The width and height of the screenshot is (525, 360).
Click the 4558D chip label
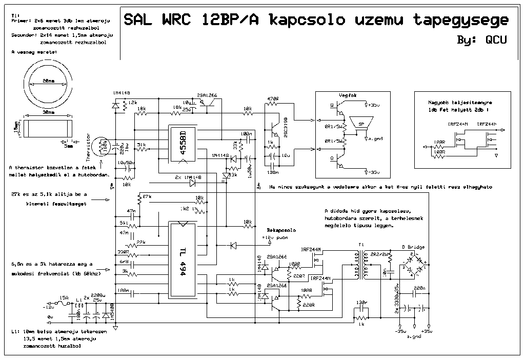183,143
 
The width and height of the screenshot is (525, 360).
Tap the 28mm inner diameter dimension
49,81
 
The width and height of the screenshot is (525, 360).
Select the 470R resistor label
272,98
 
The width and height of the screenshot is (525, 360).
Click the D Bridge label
413,247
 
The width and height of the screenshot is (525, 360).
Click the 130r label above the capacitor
361,302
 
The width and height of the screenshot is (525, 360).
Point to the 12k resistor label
133,103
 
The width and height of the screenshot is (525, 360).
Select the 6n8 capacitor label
123,262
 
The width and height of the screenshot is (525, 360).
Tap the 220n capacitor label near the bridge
419,289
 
